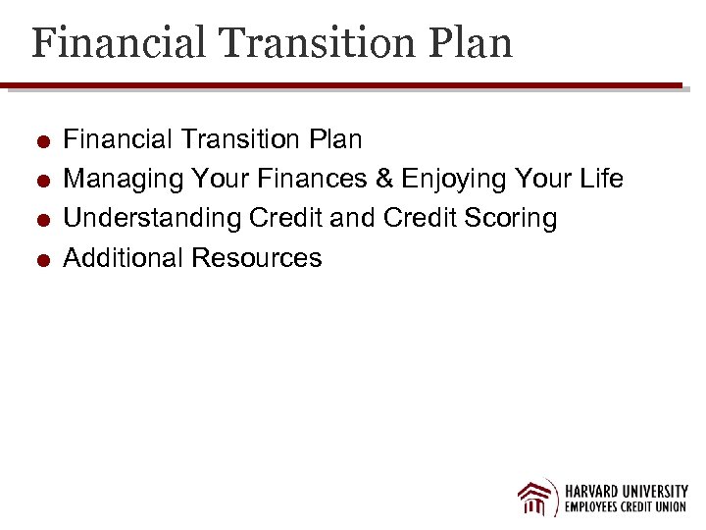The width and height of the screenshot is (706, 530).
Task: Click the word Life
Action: [x=600, y=179]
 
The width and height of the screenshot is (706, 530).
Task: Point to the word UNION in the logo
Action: [x=670, y=508]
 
